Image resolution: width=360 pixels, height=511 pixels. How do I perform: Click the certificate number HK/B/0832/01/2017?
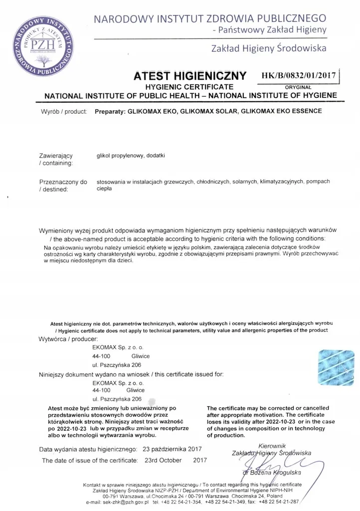(298, 76)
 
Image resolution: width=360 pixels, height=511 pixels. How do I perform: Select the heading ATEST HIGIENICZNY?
(190, 76)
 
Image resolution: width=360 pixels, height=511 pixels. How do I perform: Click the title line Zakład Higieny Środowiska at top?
(269, 48)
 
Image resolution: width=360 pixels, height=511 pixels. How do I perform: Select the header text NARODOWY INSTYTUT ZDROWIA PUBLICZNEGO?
(209, 19)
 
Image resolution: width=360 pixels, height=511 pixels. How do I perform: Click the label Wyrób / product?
(64, 112)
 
